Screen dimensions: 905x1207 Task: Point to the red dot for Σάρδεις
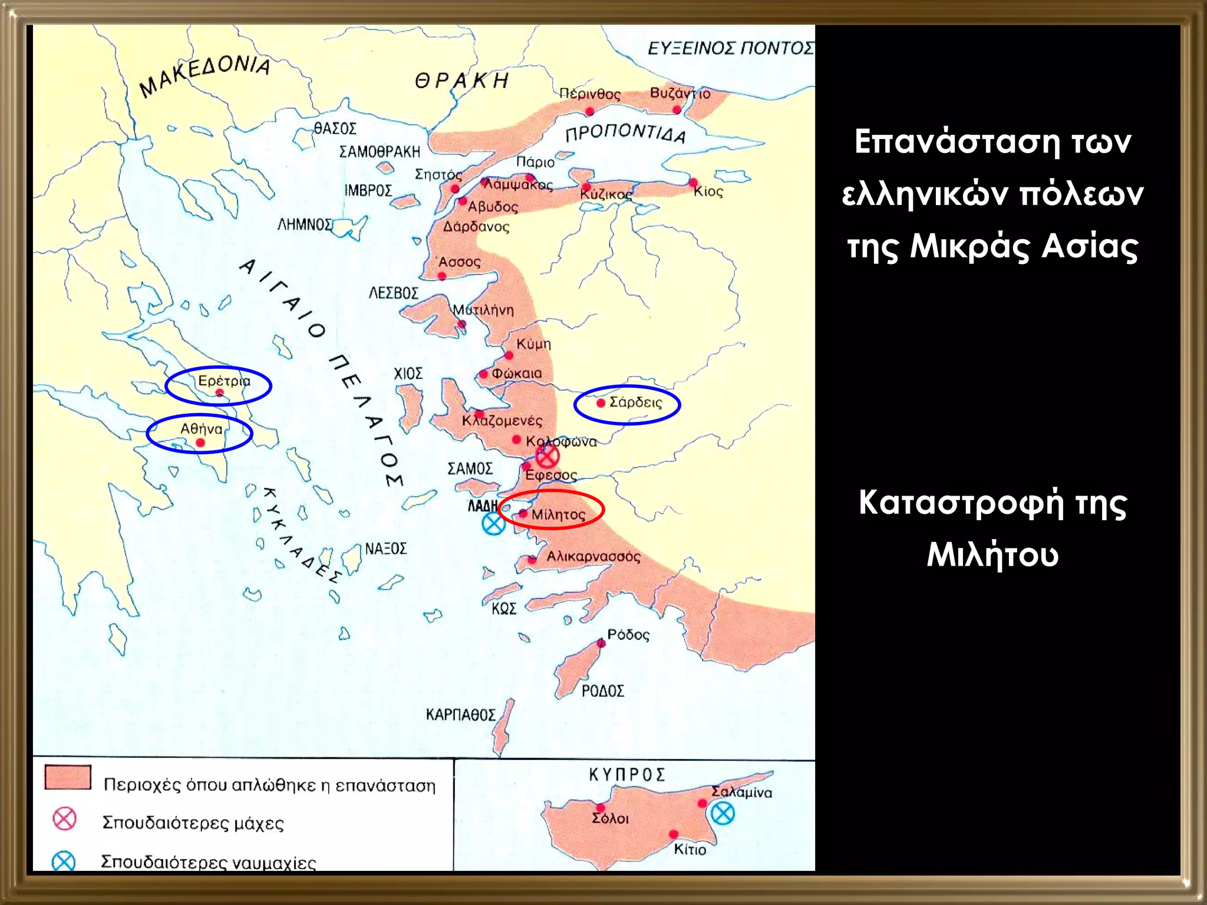(x=601, y=403)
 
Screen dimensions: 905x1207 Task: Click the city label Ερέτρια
(x=224, y=381)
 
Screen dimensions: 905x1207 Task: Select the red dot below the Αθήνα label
(x=200, y=442)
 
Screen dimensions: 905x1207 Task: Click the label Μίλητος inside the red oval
(x=558, y=514)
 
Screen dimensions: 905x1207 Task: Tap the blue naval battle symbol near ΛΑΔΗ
(x=493, y=523)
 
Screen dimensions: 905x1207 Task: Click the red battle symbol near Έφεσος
(x=547, y=455)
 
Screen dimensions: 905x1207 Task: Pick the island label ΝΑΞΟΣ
(x=385, y=549)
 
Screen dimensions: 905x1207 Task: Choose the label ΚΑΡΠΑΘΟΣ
(x=460, y=715)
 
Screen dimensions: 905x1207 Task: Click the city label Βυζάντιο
(x=680, y=93)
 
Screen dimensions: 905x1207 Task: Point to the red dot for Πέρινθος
(x=590, y=111)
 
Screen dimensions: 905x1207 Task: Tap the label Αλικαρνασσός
(x=593, y=556)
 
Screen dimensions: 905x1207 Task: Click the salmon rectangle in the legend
(x=68, y=777)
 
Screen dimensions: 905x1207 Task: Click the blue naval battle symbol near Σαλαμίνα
(x=723, y=814)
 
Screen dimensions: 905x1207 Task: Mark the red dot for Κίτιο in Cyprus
(x=673, y=834)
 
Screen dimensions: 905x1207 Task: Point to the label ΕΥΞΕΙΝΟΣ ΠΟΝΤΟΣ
(x=730, y=48)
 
